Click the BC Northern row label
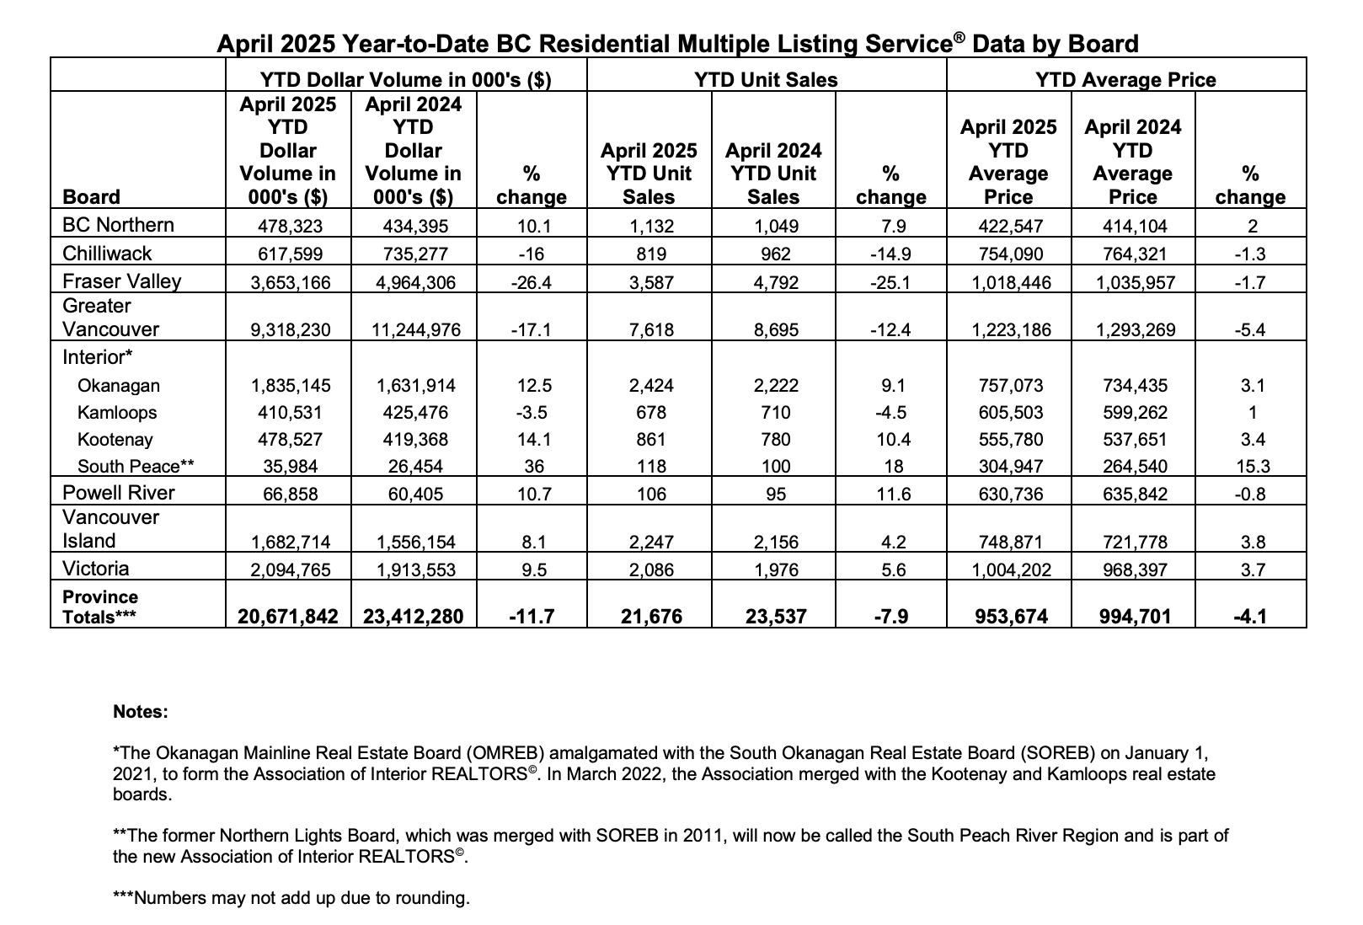coord(118,225)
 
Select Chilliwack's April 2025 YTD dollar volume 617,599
coord(290,254)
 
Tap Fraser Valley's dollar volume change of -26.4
coord(531,282)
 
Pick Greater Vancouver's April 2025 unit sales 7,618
coord(650,330)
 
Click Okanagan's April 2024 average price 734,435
coord(1135,386)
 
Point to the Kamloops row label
coord(117,413)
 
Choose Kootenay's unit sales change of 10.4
coord(893,440)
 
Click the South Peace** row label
coord(136,466)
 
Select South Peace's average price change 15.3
coord(1253,466)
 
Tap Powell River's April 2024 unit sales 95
coord(775,494)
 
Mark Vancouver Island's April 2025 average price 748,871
coord(1010,542)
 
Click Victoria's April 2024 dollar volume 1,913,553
coord(415,569)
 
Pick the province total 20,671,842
coord(288,617)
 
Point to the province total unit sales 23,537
coord(776,617)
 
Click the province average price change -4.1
coord(1250,617)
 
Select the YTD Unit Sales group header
coord(766,80)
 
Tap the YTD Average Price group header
coord(1125,80)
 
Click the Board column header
coord(91,196)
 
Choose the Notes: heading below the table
coord(141,711)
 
